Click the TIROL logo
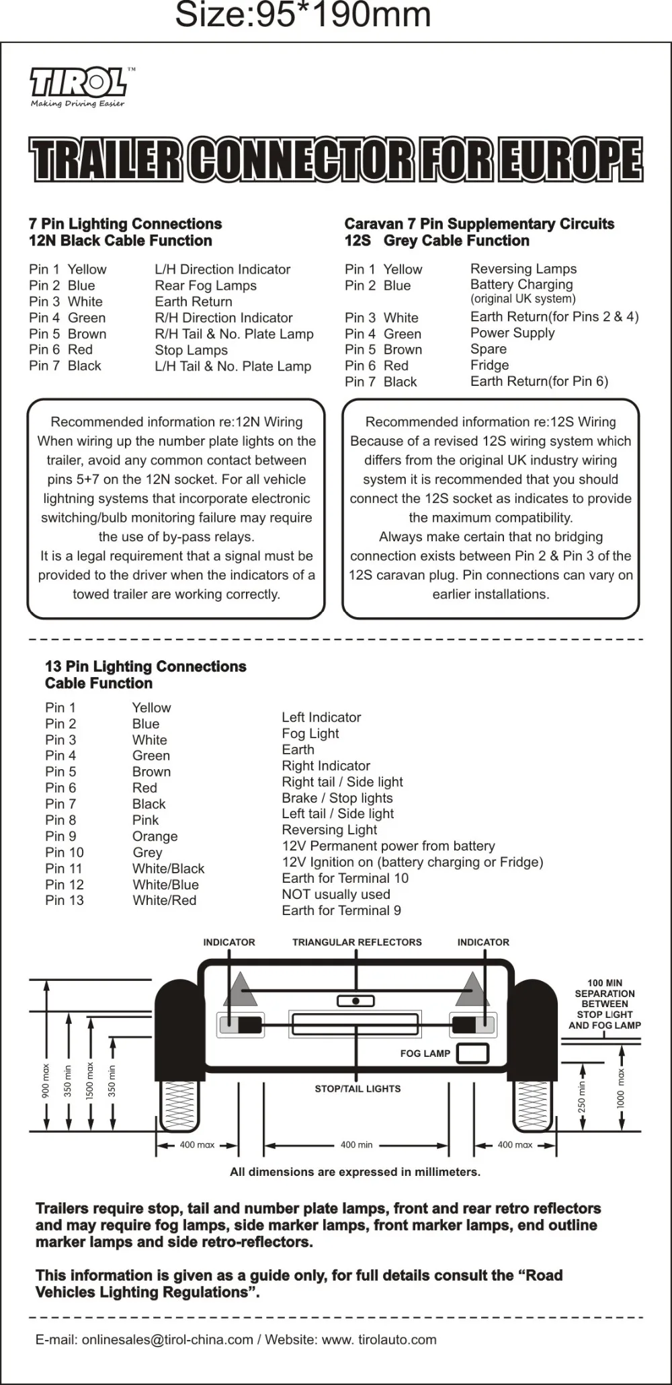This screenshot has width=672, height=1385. [78, 83]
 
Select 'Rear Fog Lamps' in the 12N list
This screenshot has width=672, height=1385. [206, 286]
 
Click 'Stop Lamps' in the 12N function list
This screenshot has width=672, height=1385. [191, 350]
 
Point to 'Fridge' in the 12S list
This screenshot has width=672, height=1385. [489, 365]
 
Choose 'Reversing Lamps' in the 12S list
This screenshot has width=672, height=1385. [523, 269]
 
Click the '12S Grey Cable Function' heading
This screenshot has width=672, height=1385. [437, 241]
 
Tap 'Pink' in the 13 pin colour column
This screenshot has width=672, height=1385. [145, 820]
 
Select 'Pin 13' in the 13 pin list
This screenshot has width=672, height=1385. [65, 900]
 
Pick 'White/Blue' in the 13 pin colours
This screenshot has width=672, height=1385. [165, 885]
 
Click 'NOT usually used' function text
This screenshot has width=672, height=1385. [336, 894]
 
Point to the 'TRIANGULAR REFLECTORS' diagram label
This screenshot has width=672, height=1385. [357, 943]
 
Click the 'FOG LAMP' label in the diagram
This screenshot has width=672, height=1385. [425, 1054]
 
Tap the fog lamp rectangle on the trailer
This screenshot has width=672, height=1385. [472, 1054]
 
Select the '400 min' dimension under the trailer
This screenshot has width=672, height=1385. [356, 1145]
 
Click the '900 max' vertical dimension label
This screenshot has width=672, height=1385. [46, 1081]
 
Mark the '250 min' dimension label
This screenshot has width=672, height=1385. [582, 1097]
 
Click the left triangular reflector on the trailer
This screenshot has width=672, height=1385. [241, 989]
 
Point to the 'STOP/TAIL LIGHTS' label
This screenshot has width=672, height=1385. [358, 1089]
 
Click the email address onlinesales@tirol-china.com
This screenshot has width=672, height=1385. [167, 1339]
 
